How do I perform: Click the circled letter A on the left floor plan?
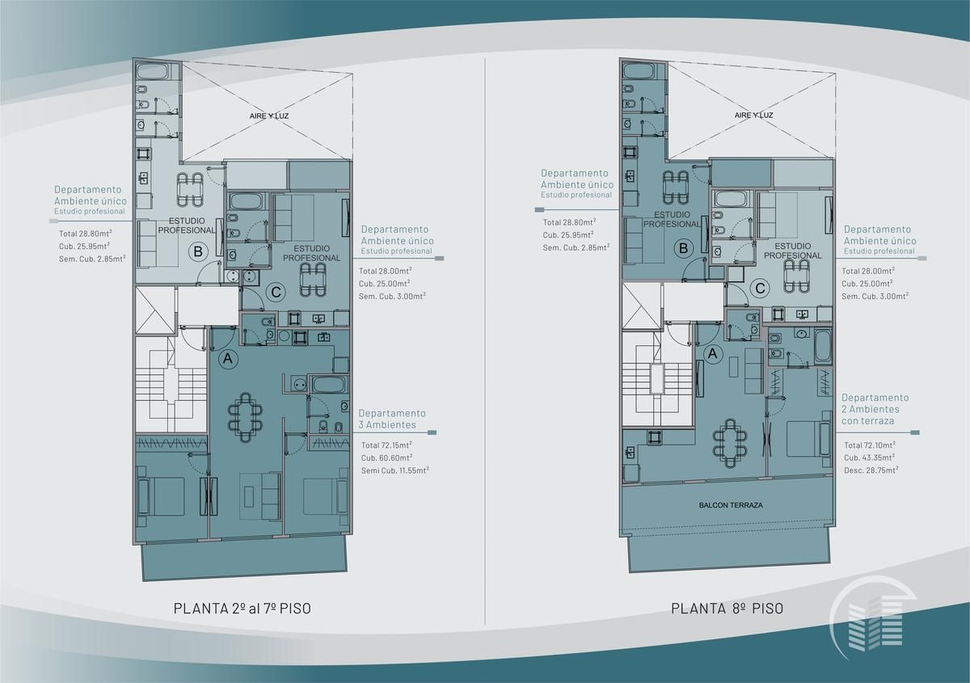(x=228, y=359)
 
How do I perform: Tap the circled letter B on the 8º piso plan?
(x=683, y=249)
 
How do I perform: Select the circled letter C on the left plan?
(x=276, y=292)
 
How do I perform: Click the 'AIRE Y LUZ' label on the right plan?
(x=754, y=116)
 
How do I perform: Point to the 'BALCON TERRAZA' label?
(x=731, y=505)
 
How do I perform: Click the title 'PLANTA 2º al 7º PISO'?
(x=242, y=608)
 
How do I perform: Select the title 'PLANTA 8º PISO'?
(x=727, y=608)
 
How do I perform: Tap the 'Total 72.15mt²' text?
(x=386, y=445)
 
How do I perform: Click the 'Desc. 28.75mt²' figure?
(x=871, y=470)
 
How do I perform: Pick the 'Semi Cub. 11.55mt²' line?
(x=395, y=470)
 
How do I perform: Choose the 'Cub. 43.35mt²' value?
(x=870, y=457)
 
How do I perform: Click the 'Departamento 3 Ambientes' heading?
(x=392, y=419)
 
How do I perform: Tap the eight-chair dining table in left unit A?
(x=246, y=417)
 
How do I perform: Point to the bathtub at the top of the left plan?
(x=152, y=71)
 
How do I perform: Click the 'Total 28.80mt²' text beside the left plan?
(x=86, y=234)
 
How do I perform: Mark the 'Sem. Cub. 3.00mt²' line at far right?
(x=875, y=297)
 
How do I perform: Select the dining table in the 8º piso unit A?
(x=730, y=443)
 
